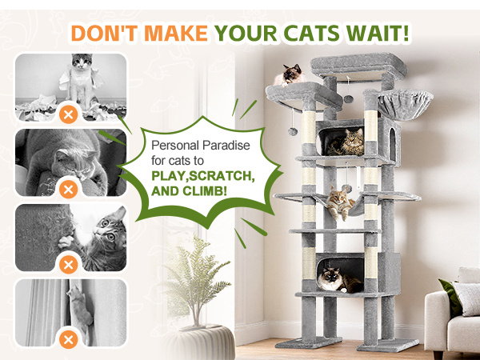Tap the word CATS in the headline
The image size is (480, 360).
[311, 33]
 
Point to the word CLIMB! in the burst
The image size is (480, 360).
[205, 191]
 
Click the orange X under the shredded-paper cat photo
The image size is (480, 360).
[69, 114]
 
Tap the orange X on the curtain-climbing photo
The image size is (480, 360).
[69, 339]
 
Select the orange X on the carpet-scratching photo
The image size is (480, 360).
[69, 265]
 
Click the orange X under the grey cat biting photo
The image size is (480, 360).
[69, 190]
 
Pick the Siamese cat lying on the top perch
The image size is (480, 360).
[289, 75]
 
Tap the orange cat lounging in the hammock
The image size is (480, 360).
[339, 202]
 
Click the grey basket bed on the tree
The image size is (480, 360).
[405, 105]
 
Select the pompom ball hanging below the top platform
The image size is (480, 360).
[348, 98]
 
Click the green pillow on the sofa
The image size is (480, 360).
[450, 297]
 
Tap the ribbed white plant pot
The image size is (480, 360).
[202, 342]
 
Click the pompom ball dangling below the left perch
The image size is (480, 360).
[293, 132]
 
